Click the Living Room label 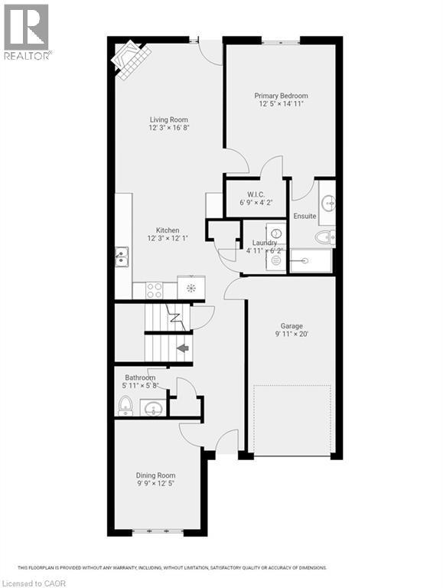(168, 119)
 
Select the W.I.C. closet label (256, 195)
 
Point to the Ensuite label (305, 216)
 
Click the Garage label (291, 326)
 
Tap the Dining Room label (156, 475)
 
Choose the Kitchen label (168, 230)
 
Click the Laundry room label (264, 243)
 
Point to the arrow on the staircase (182, 348)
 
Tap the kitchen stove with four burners (154, 290)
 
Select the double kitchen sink (122, 256)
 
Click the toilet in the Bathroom (125, 406)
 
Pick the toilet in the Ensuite (324, 237)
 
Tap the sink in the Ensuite (327, 202)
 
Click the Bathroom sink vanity (153, 407)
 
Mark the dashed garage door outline (292, 420)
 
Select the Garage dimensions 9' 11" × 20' (291, 335)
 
